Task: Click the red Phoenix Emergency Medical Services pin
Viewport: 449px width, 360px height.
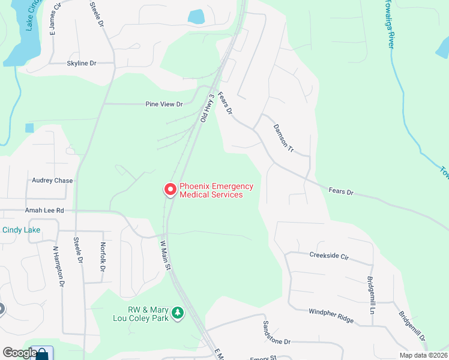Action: (x=170, y=190)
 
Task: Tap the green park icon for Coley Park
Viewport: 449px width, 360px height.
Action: (x=177, y=313)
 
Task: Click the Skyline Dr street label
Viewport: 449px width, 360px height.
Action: (x=82, y=63)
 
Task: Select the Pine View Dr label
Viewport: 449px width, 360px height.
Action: (x=164, y=104)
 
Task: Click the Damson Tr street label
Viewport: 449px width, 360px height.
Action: (x=283, y=138)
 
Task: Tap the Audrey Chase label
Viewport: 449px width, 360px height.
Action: (x=52, y=181)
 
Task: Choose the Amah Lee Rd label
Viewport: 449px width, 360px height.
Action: (x=44, y=211)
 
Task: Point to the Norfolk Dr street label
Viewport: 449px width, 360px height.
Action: (x=103, y=260)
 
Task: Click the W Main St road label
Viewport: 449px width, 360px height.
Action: (x=166, y=256)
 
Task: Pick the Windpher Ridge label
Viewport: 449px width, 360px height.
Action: (x=331, y=316)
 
